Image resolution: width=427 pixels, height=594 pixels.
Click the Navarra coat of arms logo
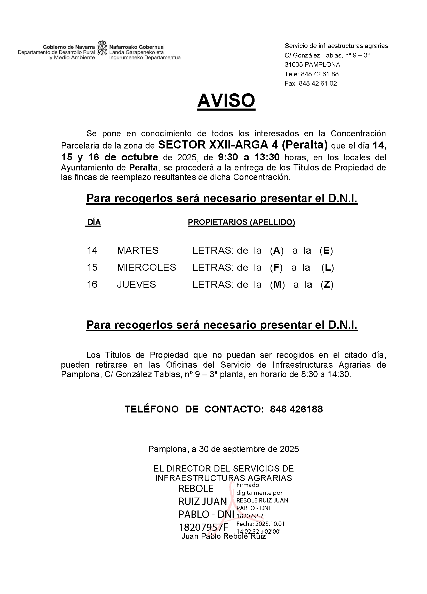point(102,48)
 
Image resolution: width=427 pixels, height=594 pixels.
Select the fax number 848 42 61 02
point(318,84)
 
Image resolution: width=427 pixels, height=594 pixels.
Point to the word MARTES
point(138,251)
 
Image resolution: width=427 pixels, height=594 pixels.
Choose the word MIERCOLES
point(146,267)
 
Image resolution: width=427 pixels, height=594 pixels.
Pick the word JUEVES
point(136,284)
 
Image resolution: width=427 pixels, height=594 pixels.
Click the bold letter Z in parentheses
point(327,284)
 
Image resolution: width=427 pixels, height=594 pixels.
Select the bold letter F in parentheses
point(276,267)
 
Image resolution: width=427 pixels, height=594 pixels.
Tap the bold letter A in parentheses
point(277,251)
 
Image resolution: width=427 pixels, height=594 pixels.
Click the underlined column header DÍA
point(94,222)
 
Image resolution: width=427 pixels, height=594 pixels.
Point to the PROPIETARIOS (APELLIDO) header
point(241,222)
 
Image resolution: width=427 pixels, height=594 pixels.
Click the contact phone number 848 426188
point(296,409)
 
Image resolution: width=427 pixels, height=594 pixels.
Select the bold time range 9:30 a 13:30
point(249,157)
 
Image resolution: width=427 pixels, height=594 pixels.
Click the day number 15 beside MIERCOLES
point(92,267)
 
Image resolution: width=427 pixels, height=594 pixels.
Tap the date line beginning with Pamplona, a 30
point(224,449)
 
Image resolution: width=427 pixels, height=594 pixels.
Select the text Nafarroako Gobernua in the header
point(136,47)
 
